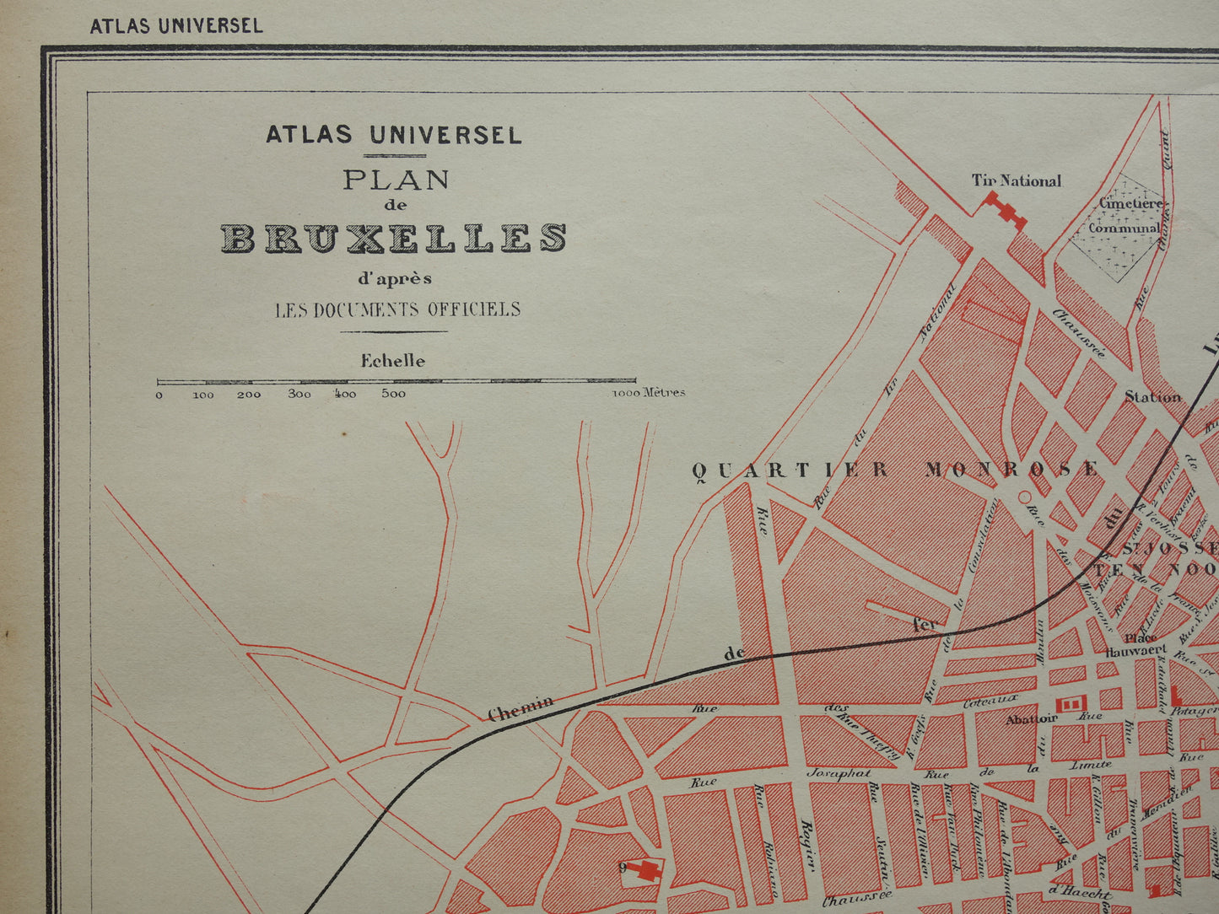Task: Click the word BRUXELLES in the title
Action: [x=393, y=239]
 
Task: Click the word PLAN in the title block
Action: [x=396, y=180]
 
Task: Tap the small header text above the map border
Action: [x=176, y=25]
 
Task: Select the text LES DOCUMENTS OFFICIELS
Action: [x=397, y=309]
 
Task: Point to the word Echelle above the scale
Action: [x=393, y=361]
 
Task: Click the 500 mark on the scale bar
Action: [x=393, y=394]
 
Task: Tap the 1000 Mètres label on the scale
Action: [x=648, y=393]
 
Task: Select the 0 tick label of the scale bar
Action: [x=159, y=395]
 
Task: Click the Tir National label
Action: [x=1016, y=180]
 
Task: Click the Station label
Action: [x=1152, y=396]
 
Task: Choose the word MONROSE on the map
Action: [x=1012, y=469]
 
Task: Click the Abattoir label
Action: [x=1031, y=719]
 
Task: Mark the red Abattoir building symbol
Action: [x=1070, y=703]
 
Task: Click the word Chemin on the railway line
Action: [x=521, y=708]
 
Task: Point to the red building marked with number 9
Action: [x=648, y=870]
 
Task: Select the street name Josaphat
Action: [x=838, y=773]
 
